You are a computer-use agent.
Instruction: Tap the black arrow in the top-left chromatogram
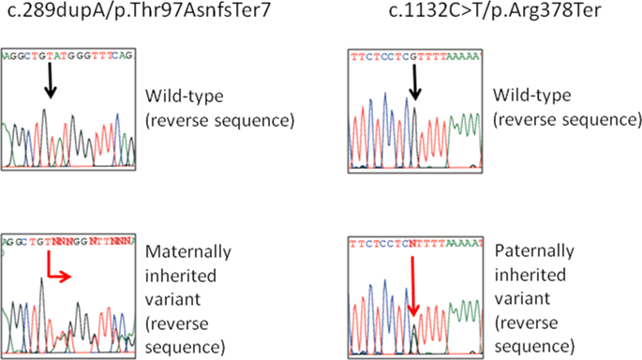(x=49, y=87)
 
